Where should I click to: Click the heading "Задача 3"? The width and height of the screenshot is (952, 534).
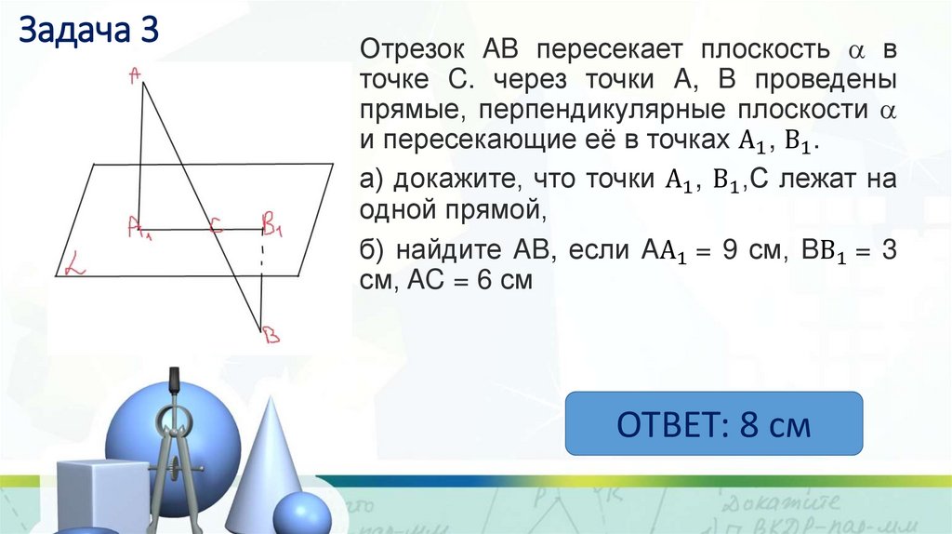click(x=89, y=30)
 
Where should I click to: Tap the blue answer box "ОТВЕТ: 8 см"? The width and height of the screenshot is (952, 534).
click(x=714, y=424)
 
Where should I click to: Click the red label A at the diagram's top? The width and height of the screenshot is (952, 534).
click(x=136, y=78)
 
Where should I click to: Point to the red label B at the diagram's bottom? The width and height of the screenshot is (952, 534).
click(x=270, y=334)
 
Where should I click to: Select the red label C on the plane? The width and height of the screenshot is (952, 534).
click(x=216, y=223)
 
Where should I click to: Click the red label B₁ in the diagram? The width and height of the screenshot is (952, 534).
click(x=272, y=222)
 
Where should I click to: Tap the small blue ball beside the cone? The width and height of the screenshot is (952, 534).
click(x=301, y=513)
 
